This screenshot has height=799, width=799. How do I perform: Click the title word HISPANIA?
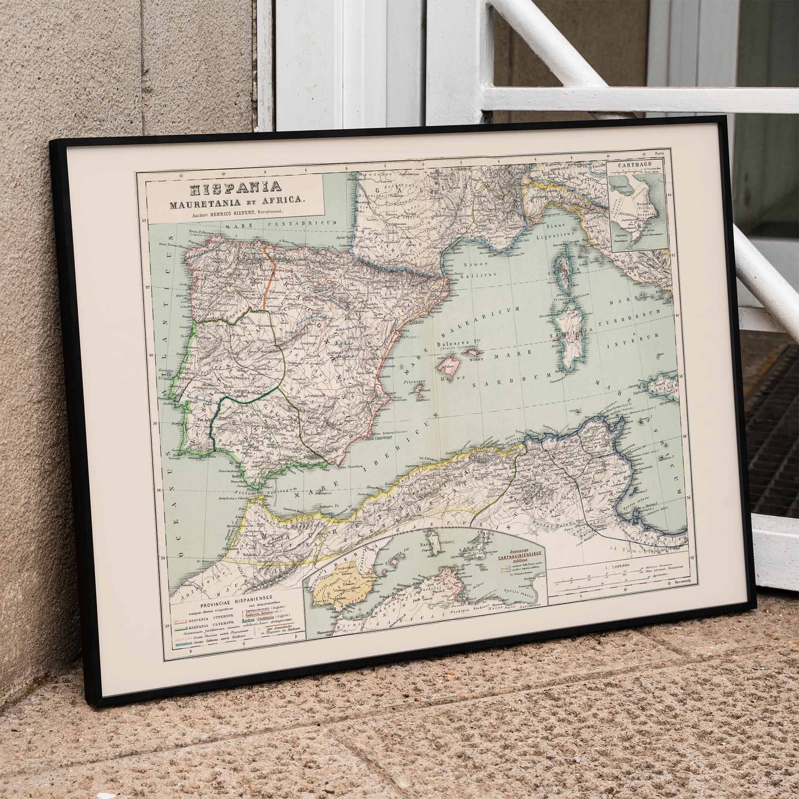pos(236,189)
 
